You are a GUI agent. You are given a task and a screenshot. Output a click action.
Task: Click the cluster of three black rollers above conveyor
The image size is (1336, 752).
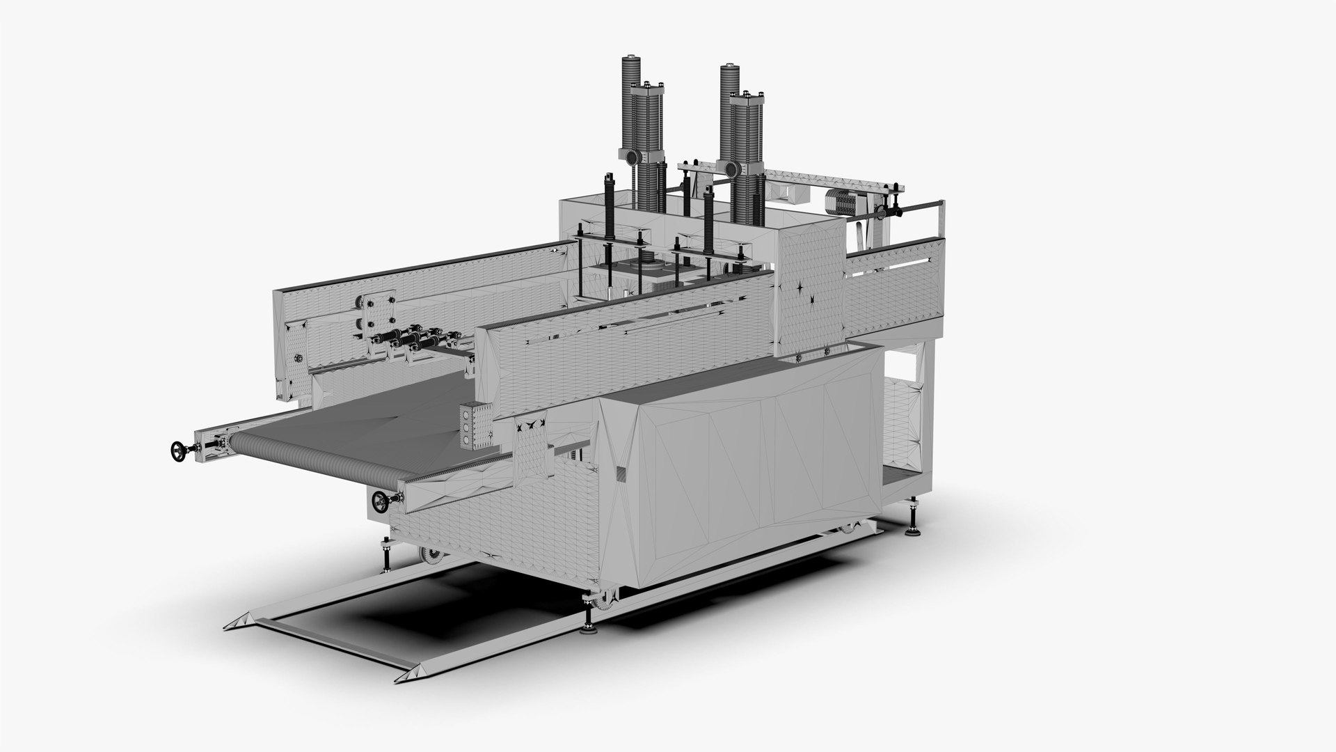point(411,340)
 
